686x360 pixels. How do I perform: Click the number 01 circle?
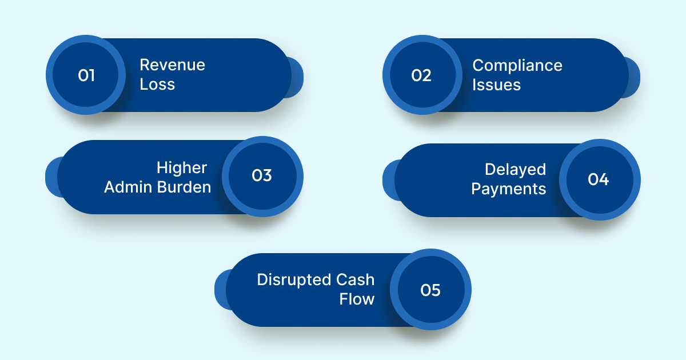(x=86, y=75)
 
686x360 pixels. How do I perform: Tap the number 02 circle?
(x=422, y=75)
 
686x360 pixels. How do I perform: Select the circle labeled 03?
(x=262, y=176)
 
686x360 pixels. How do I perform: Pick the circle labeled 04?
(x=599, y=179)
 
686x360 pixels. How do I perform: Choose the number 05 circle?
(x=430, y=290)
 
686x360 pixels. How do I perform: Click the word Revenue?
(x=172, y=65)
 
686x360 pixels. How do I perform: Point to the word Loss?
(x=157, y=85)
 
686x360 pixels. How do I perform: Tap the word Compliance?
(x=517, y=65)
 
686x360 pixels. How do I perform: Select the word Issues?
(x=496, y=85)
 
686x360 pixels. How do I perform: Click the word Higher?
(x=182, y=167)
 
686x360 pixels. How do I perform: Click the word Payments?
(x=509, y=189)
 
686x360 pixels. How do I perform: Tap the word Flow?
(x=357, y=299)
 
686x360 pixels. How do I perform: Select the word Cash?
(x=355, y=279)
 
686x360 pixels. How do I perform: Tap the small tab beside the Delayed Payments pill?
(x=389, y=180)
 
